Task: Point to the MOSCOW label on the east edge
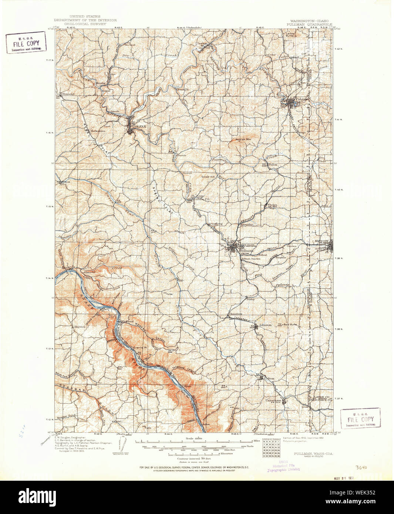[x=321, y=241]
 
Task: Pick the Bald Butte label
[x=290, y=324]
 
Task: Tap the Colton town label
[x=269, y=378]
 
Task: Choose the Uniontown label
[x=273, y=400]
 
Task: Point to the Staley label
[x=251, y=299]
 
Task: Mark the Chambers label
[x=235, y=314]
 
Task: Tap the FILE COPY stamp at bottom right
[x=360, y=419]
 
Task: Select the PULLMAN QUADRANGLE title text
[x=309, y=24]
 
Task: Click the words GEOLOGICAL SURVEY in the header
[x=85, y=24]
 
